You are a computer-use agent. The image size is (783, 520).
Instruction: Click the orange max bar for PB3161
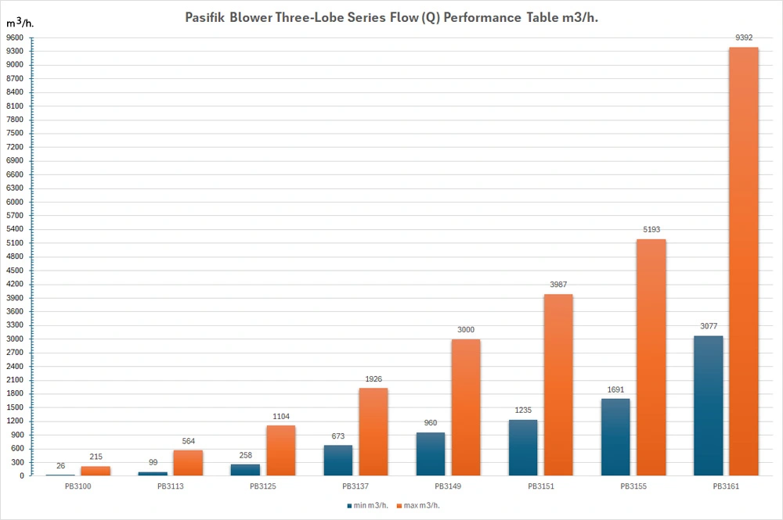[x=744, y=261]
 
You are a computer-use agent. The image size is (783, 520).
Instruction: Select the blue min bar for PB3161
[x=708, y=406]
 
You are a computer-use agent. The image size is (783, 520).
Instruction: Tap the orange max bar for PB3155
[x=651, y=357]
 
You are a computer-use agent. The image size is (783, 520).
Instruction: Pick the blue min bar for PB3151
[x=523, y=448]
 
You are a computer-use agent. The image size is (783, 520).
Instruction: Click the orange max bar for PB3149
[x=466, y=407]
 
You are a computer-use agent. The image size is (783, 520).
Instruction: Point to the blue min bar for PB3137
[x=338, y=460]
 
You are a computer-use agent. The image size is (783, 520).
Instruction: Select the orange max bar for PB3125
[x=280, y=450]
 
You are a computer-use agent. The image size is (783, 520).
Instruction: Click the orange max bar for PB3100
[x=96, y=471]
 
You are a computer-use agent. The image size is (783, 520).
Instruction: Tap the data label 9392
[x=744, y=38]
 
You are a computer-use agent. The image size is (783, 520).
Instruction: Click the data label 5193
[x=651, y=229]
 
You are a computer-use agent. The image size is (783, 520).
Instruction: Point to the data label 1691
[x=615, y=389]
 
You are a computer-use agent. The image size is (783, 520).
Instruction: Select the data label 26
[x=60, y=466]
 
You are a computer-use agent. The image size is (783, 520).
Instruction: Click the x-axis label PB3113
[x=170, y=486]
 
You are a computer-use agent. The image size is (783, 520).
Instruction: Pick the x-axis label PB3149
[x=448, y=486]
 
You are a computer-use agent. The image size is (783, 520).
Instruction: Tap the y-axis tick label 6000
[x=14, y=202]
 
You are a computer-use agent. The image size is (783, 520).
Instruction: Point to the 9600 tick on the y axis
[x=14, y=38]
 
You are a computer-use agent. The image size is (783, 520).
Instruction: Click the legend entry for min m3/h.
[x=367, y=506]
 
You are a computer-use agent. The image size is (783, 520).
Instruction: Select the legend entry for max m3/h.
[x=418, y=506]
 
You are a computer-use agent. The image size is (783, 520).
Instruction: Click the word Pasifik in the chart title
[x=204, y=17]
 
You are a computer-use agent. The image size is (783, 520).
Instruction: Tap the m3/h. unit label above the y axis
[x=20, y=23]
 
